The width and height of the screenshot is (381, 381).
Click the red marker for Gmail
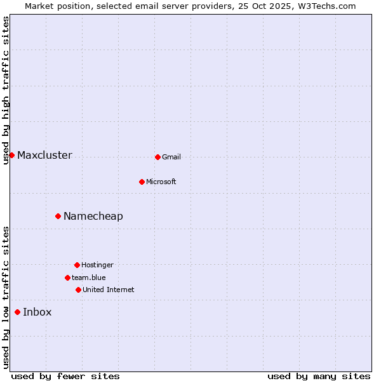point(157,157)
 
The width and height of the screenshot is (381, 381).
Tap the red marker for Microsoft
point(142,182)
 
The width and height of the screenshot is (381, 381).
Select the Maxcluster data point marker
point(11,155)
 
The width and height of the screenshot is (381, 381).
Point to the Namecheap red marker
point(58,216)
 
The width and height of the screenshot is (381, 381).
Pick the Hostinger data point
point(77,265)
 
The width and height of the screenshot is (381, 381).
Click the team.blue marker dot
point(67,277)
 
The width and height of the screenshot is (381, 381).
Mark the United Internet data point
point(78,290)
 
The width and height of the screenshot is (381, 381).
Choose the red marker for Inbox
point(17,312)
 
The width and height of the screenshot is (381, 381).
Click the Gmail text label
point(171,157)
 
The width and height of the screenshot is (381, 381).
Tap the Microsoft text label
point(161,182)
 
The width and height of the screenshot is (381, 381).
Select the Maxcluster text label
point(44,156)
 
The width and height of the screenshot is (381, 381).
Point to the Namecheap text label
point(93,217)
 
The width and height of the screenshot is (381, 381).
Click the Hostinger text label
point(97,265)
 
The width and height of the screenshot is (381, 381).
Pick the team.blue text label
point(89,278)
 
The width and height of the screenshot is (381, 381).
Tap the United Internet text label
point(109,290)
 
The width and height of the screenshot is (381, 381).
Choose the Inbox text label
point(37,312)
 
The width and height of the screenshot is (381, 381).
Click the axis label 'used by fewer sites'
point(65,377)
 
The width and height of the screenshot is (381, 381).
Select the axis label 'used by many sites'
point(319,377)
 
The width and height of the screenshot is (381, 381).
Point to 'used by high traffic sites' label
point(6,90)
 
